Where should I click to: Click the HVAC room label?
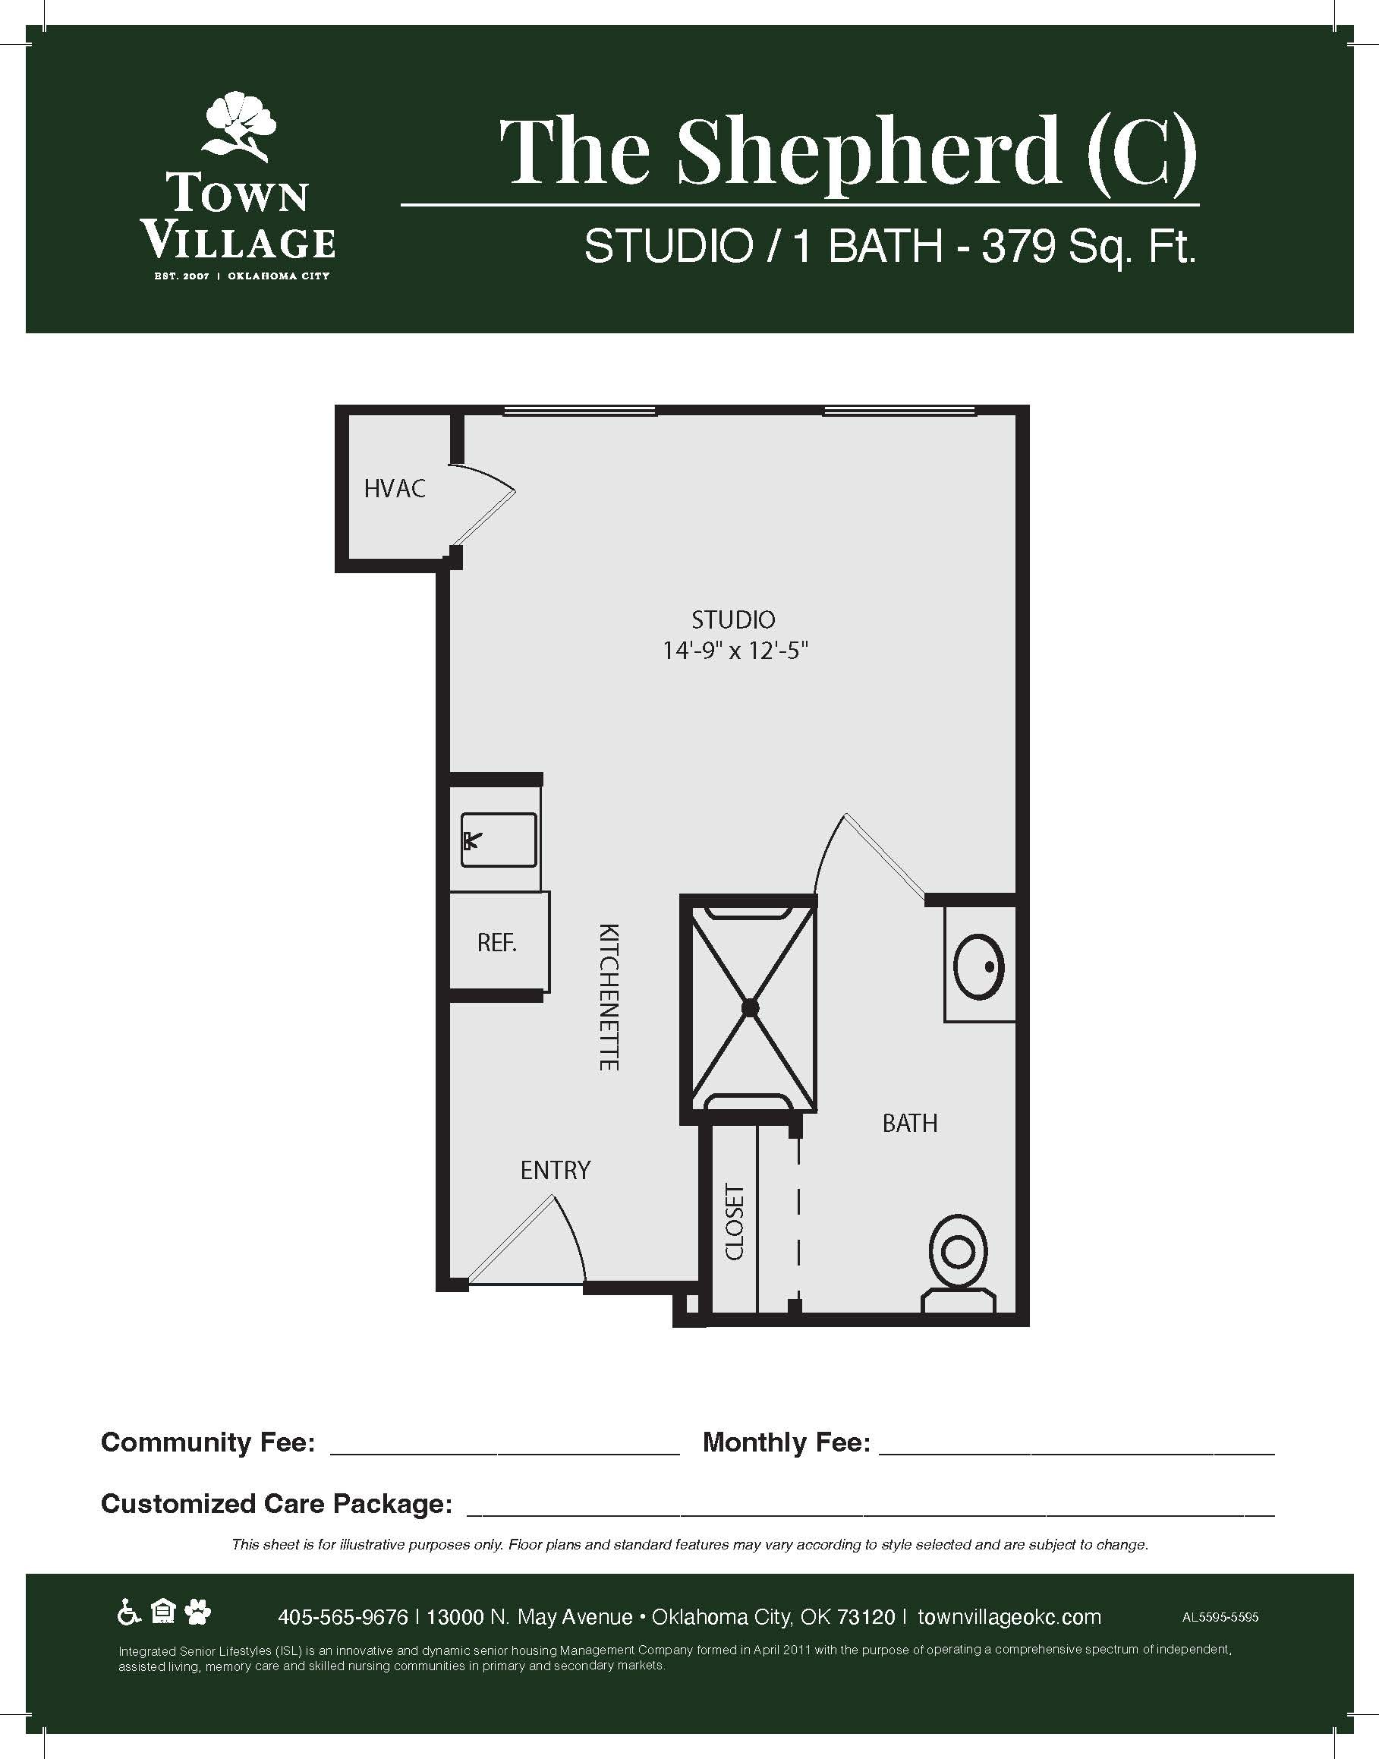click(394, 489)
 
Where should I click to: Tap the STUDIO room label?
click(733, 620)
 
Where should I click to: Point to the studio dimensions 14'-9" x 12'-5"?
click(735, 651)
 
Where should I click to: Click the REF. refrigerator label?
click(496, 942)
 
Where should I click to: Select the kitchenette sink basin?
click(498, 840)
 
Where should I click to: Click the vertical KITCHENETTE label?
click(609, 998)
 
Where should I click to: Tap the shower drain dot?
click(750, 1008)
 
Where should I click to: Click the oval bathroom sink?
click(978, 966)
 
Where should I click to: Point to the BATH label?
click(910, 1124)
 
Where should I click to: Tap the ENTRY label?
click(556, 1170)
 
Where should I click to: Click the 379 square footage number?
click(1018, 245)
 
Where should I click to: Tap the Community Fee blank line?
click(505, 1454)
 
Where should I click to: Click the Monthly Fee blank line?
click(1076, 1454)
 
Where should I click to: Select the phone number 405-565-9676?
click(343, 1617)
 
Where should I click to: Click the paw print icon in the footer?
click(197, 1612)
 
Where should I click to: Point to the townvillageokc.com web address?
click(1009, 1617)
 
